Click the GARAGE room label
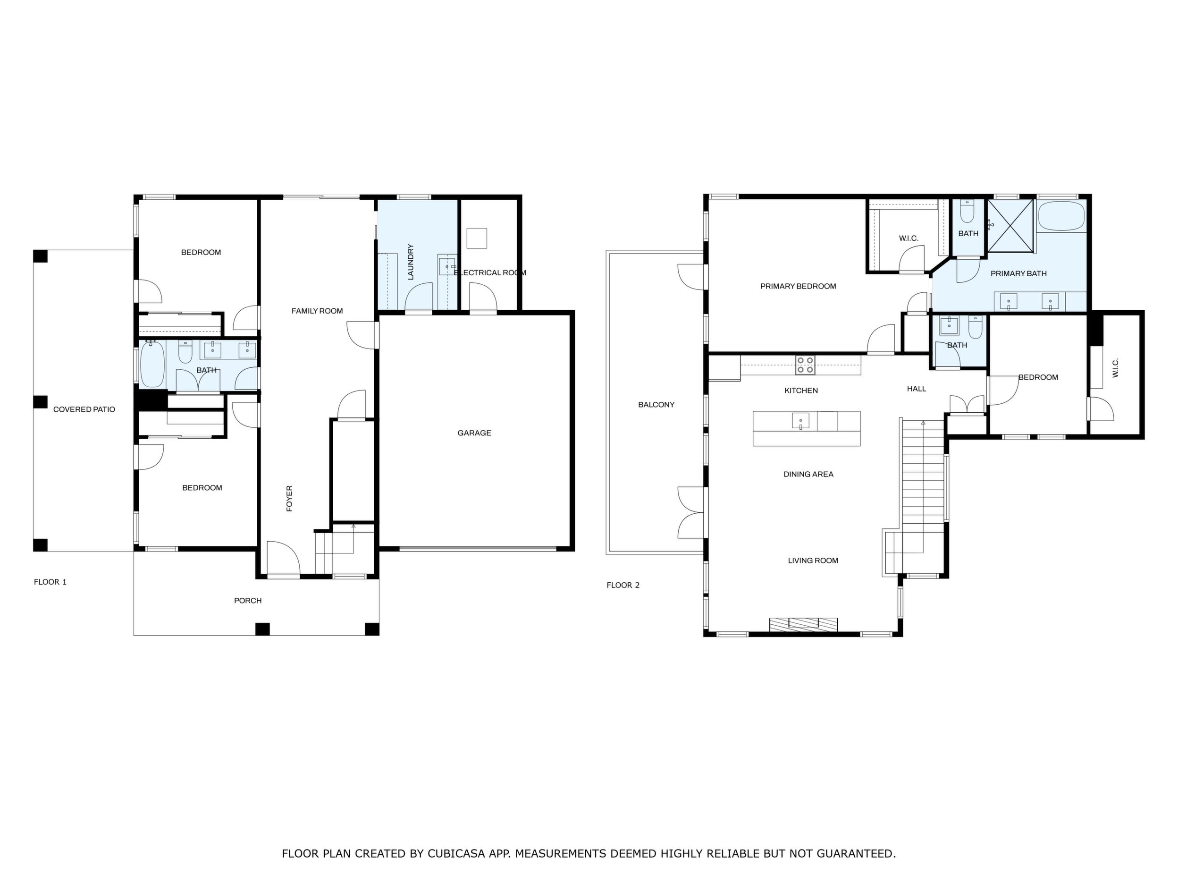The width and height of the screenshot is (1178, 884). point(474,433)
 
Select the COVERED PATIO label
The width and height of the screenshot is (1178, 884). point(84,410)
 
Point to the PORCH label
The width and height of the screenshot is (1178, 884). point(248,601)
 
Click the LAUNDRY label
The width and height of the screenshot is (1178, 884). point(411,262)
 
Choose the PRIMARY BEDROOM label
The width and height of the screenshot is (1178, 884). point(798,286)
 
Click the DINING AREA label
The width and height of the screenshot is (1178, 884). point(808,474)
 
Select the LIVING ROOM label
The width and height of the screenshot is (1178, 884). point(813,561)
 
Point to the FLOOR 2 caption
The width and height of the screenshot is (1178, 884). point(623,585)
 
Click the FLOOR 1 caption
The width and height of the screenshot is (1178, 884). point(50,582)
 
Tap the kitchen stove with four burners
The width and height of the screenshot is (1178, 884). point(805,365)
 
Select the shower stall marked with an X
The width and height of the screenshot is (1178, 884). point(1011,225)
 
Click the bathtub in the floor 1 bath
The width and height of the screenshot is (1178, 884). point(153,365)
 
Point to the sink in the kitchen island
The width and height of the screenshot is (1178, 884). point(800,421)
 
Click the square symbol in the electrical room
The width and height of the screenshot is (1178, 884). point(477,238)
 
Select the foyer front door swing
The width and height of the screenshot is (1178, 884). point(283,559)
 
